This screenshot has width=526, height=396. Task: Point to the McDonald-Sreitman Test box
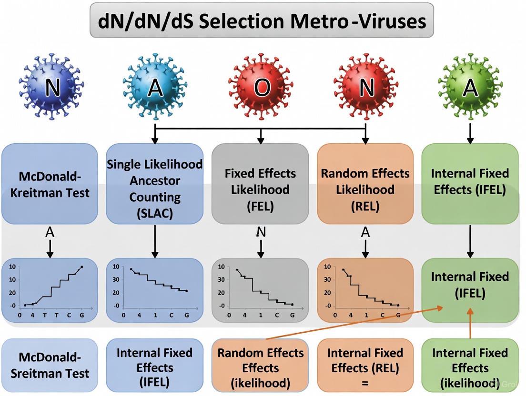pos(50,365)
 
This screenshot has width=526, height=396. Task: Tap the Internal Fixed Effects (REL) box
pos(365,365)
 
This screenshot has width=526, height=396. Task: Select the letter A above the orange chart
pos(365,232)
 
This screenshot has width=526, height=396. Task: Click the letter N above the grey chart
pos(261,232)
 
